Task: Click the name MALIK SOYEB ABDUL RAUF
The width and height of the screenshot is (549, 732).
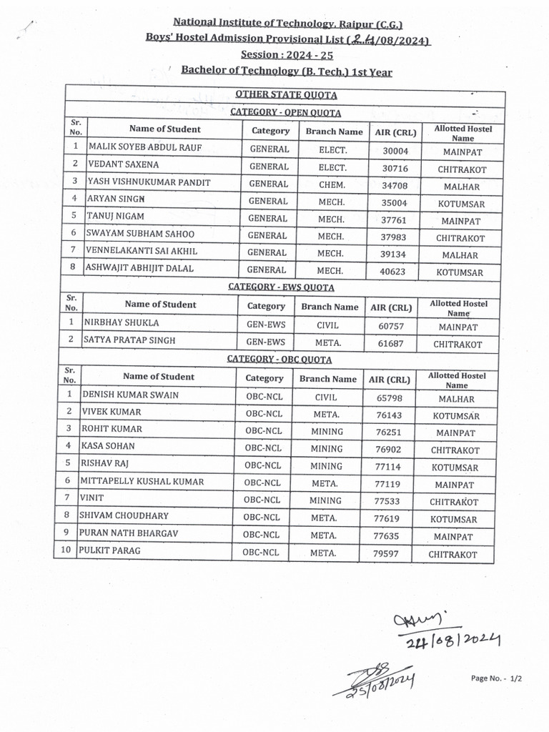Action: click(x=144, y=148)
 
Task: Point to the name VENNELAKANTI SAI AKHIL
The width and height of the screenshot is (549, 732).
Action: click(x=142, y=252)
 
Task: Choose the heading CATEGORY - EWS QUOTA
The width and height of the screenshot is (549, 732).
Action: click(x=281, y=287)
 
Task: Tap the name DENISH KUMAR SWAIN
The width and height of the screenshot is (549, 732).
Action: click(x=131, y=395)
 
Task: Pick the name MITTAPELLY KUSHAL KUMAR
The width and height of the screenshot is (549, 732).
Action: click(x=142, y=482)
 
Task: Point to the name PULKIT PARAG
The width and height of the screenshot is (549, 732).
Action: click(x=111, y=551)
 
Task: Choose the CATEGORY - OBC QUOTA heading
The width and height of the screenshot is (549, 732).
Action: click(x=280, y=360)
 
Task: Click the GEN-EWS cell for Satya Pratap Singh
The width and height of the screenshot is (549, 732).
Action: click(x=266, y=340)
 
